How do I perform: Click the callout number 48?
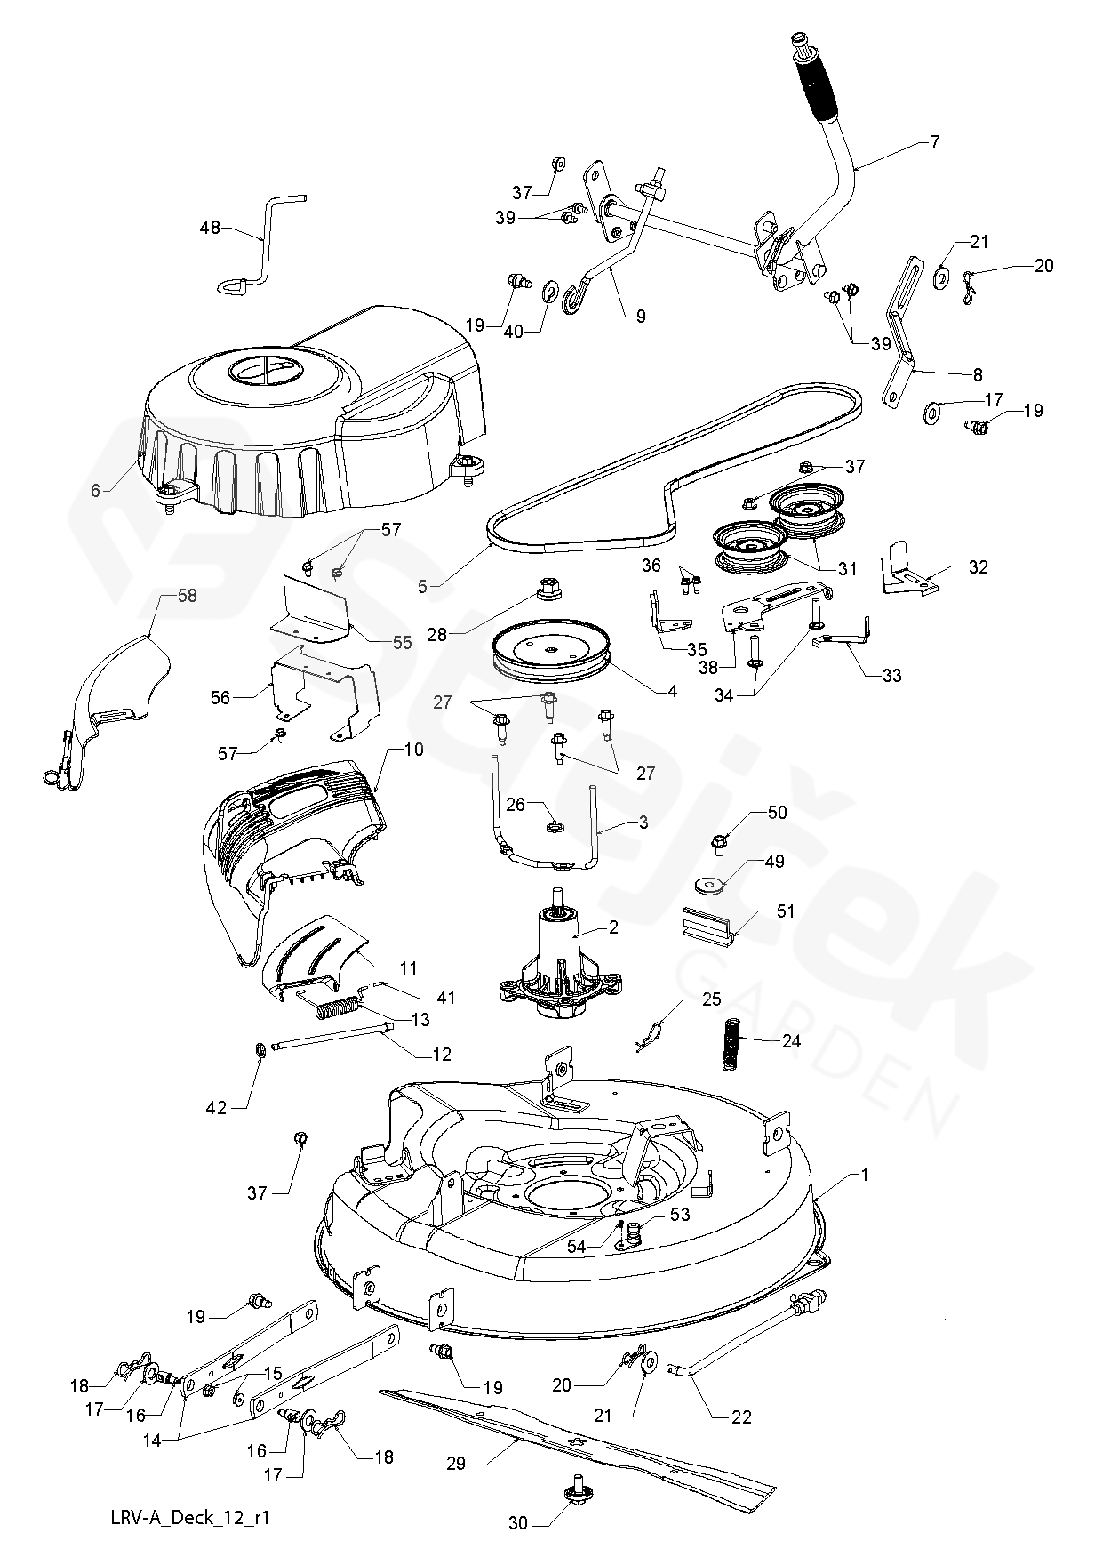coord(210,228)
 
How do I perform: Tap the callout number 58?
coord(187,597)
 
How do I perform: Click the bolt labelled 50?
coord(720,840)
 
